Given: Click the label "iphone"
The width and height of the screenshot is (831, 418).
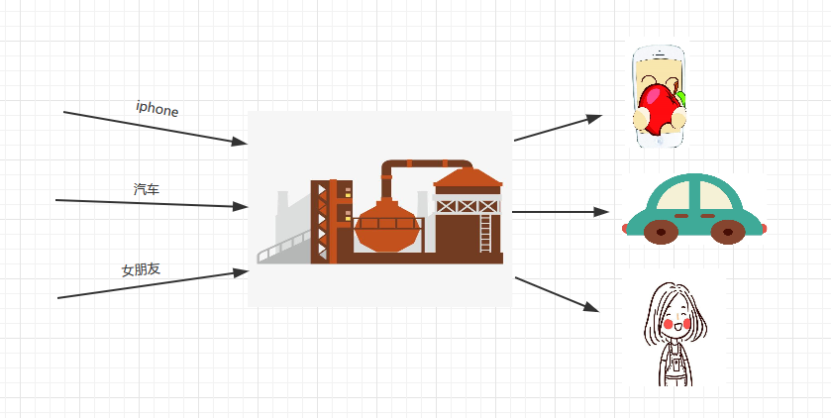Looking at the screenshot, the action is click(x=156, y=108).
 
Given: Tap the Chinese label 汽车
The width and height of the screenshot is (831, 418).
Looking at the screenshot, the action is click(x=147, y=189).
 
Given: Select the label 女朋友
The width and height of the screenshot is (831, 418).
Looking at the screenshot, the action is click(x=141, y=269).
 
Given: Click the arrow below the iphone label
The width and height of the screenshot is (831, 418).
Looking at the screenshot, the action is click(x=156, y=128).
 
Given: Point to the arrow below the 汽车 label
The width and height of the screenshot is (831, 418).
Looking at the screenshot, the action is click(x=152, y=203).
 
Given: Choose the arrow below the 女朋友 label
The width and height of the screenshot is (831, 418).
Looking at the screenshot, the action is click(x=154, y=284).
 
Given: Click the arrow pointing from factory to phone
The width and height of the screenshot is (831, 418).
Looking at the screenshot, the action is click(x=558, y=128).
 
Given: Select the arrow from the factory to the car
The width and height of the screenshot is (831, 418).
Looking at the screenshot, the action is click(x=561, y=212).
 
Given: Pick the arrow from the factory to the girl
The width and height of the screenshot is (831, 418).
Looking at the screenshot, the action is click(x=557, y=294).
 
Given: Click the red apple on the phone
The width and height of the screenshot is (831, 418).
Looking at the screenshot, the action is click(x=660, y=104).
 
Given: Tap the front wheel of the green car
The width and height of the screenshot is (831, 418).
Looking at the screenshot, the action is click(x=728, y=232).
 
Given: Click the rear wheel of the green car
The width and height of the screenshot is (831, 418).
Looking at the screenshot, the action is click(x=661, y=232).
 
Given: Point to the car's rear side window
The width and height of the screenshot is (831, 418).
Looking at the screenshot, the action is click(x=676, y=195).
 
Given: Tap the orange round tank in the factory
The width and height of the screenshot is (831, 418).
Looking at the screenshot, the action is click(x=387, y=226).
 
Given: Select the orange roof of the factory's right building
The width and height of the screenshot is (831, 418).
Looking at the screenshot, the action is click(x=467, y=177).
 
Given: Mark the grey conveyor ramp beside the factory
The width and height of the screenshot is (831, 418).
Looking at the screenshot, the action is click(x=284, y=248).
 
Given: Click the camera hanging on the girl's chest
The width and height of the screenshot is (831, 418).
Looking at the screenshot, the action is click(x=675, y=366).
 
